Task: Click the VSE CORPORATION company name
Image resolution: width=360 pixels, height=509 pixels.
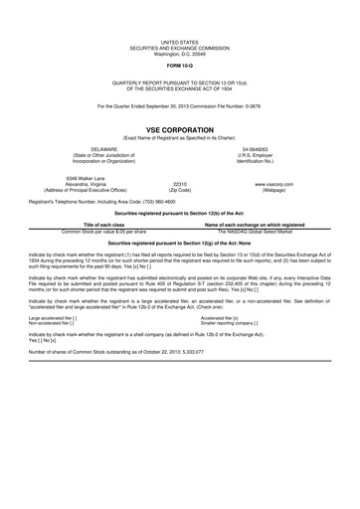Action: (180, 129)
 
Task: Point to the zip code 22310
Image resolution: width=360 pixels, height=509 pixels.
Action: (180, 184)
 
